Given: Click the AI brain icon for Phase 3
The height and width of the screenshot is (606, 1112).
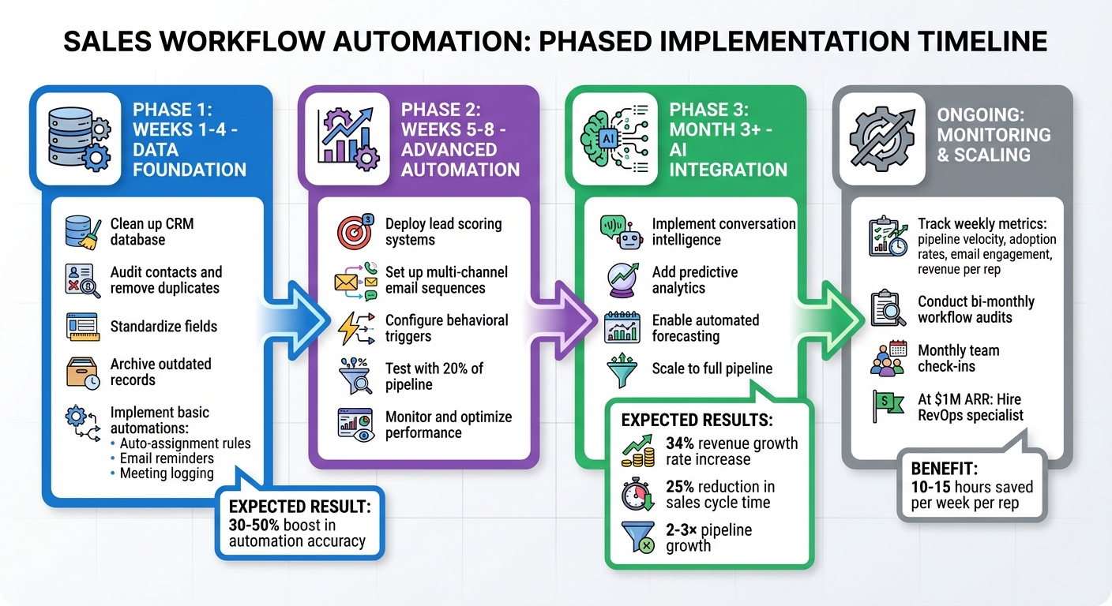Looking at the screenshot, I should pos(613,139).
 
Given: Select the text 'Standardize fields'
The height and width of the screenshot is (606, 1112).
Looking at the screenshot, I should pos(163,326).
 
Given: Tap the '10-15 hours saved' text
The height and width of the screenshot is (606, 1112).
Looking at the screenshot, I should pos(971,487).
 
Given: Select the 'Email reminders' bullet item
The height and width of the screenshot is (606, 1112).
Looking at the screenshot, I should pos(167,458).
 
